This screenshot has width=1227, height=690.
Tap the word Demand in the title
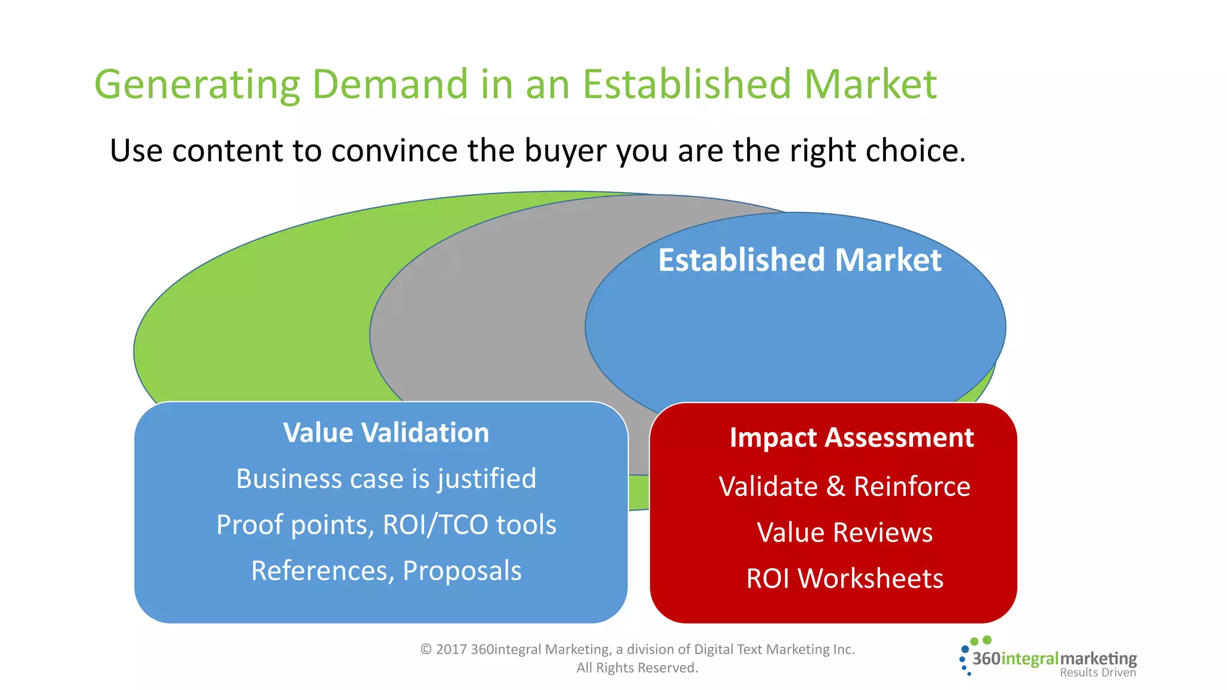[x=390, y=84]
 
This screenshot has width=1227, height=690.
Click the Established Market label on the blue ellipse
[x=799, y=260]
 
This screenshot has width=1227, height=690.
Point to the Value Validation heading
[x=386, y=432]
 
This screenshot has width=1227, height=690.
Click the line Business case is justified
[x=386, y=479]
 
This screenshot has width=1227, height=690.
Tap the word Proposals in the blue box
[x=462, y=571]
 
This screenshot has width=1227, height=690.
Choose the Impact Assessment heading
[x=851, y=438]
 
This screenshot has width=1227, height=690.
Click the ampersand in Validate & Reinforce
[x=835, y=486]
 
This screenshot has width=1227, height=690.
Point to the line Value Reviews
[x=845, y=532]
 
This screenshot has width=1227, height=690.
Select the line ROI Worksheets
[x=845, y=579]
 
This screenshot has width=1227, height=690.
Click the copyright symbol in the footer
[x=426, y=649]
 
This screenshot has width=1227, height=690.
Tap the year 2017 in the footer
[x=451, y=649]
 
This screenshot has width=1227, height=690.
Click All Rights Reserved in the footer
[x=637, y=668]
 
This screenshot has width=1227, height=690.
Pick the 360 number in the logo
[x=986, y=659]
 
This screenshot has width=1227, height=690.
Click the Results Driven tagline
[x=1098, y=673]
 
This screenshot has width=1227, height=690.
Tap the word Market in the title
[x=870, y=84]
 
